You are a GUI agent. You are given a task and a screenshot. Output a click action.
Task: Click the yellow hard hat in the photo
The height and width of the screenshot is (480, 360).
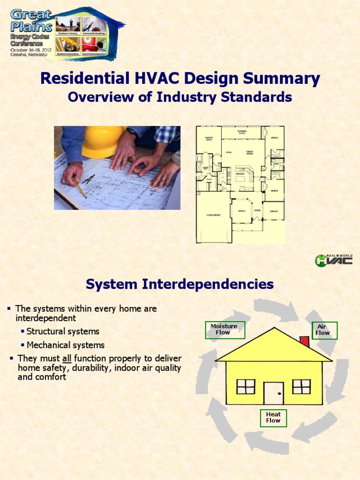pyautogui.click(x=103, y=141)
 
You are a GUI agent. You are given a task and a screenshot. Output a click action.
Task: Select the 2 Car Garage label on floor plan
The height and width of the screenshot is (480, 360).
pyautogui.click(x=213, y=215)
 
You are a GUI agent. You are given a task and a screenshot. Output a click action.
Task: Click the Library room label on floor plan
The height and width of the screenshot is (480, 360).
pyautogui.click(x=273, y=211)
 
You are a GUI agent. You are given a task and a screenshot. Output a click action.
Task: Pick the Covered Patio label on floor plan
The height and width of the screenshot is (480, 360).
pyautogui.click(x=242, y=132)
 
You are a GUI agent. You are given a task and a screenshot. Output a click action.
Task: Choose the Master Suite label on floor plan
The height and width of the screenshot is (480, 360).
pyautogui.click(x=208, y=139)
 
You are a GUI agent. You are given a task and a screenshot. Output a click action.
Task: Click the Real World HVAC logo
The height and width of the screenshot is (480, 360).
pyautogui.click(x=334, y=260)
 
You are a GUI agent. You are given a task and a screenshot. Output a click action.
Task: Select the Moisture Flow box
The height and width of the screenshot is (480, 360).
pyautogui.click(x=225, y=330)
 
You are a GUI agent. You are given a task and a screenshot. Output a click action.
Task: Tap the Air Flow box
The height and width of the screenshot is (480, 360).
pyautogui.click(x=322, y=330)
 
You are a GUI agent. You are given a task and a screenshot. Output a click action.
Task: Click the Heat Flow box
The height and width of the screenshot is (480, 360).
pyautogui.click(x=273, y=418)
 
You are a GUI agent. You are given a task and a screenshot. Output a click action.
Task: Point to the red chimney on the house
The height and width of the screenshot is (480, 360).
pyautogui.click(x=304, y=341)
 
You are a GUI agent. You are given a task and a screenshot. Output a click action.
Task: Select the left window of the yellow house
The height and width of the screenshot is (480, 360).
pyautogui.click(x=246, y=387)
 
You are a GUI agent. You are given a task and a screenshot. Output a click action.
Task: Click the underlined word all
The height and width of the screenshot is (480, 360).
pyautogui.click(x=66, y=359)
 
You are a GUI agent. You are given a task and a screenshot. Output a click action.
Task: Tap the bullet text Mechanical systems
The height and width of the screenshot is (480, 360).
pyautogui.click(x=66, y=345)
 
